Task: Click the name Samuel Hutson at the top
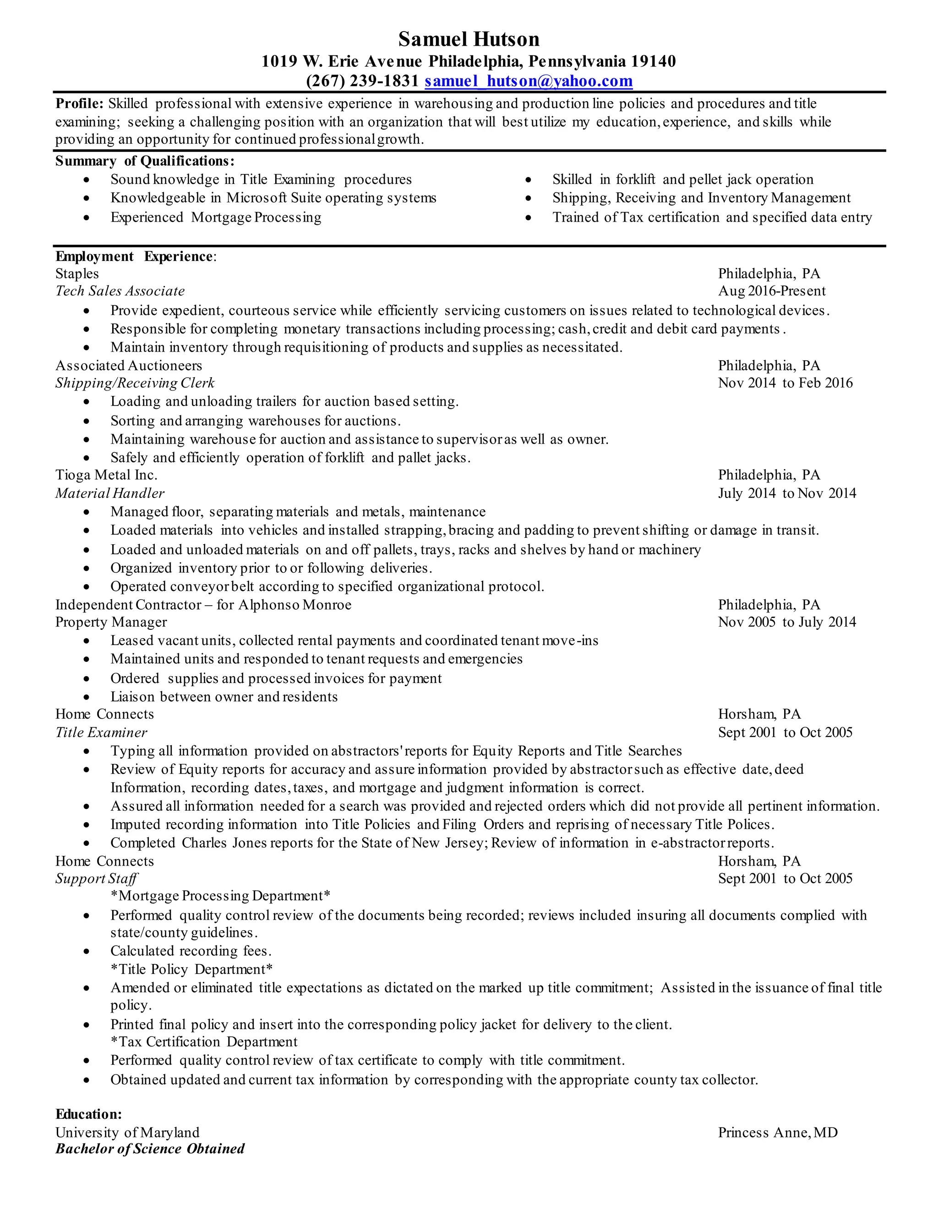tap(469, 39)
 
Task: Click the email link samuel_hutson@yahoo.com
tap(529, 81)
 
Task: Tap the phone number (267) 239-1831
tap(362, 81)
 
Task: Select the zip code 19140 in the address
tap(654, 61)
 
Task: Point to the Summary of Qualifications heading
tap(144, 161)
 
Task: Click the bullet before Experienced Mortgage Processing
tap(86, 218)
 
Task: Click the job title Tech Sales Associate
tap(120, 291)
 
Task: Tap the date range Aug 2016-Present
tap(771, 291)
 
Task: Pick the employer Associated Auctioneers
tap(128, 365)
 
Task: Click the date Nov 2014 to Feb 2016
tap(785, 383)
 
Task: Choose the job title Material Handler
tap(109, 493)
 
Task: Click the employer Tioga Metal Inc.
tap(106, 475)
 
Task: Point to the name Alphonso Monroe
tap(294, 605)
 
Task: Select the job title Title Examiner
tap(101, 732)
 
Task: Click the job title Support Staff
tap(96, 879)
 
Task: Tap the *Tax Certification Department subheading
tap(204, 1042)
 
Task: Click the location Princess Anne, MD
tap(777, 1132)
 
